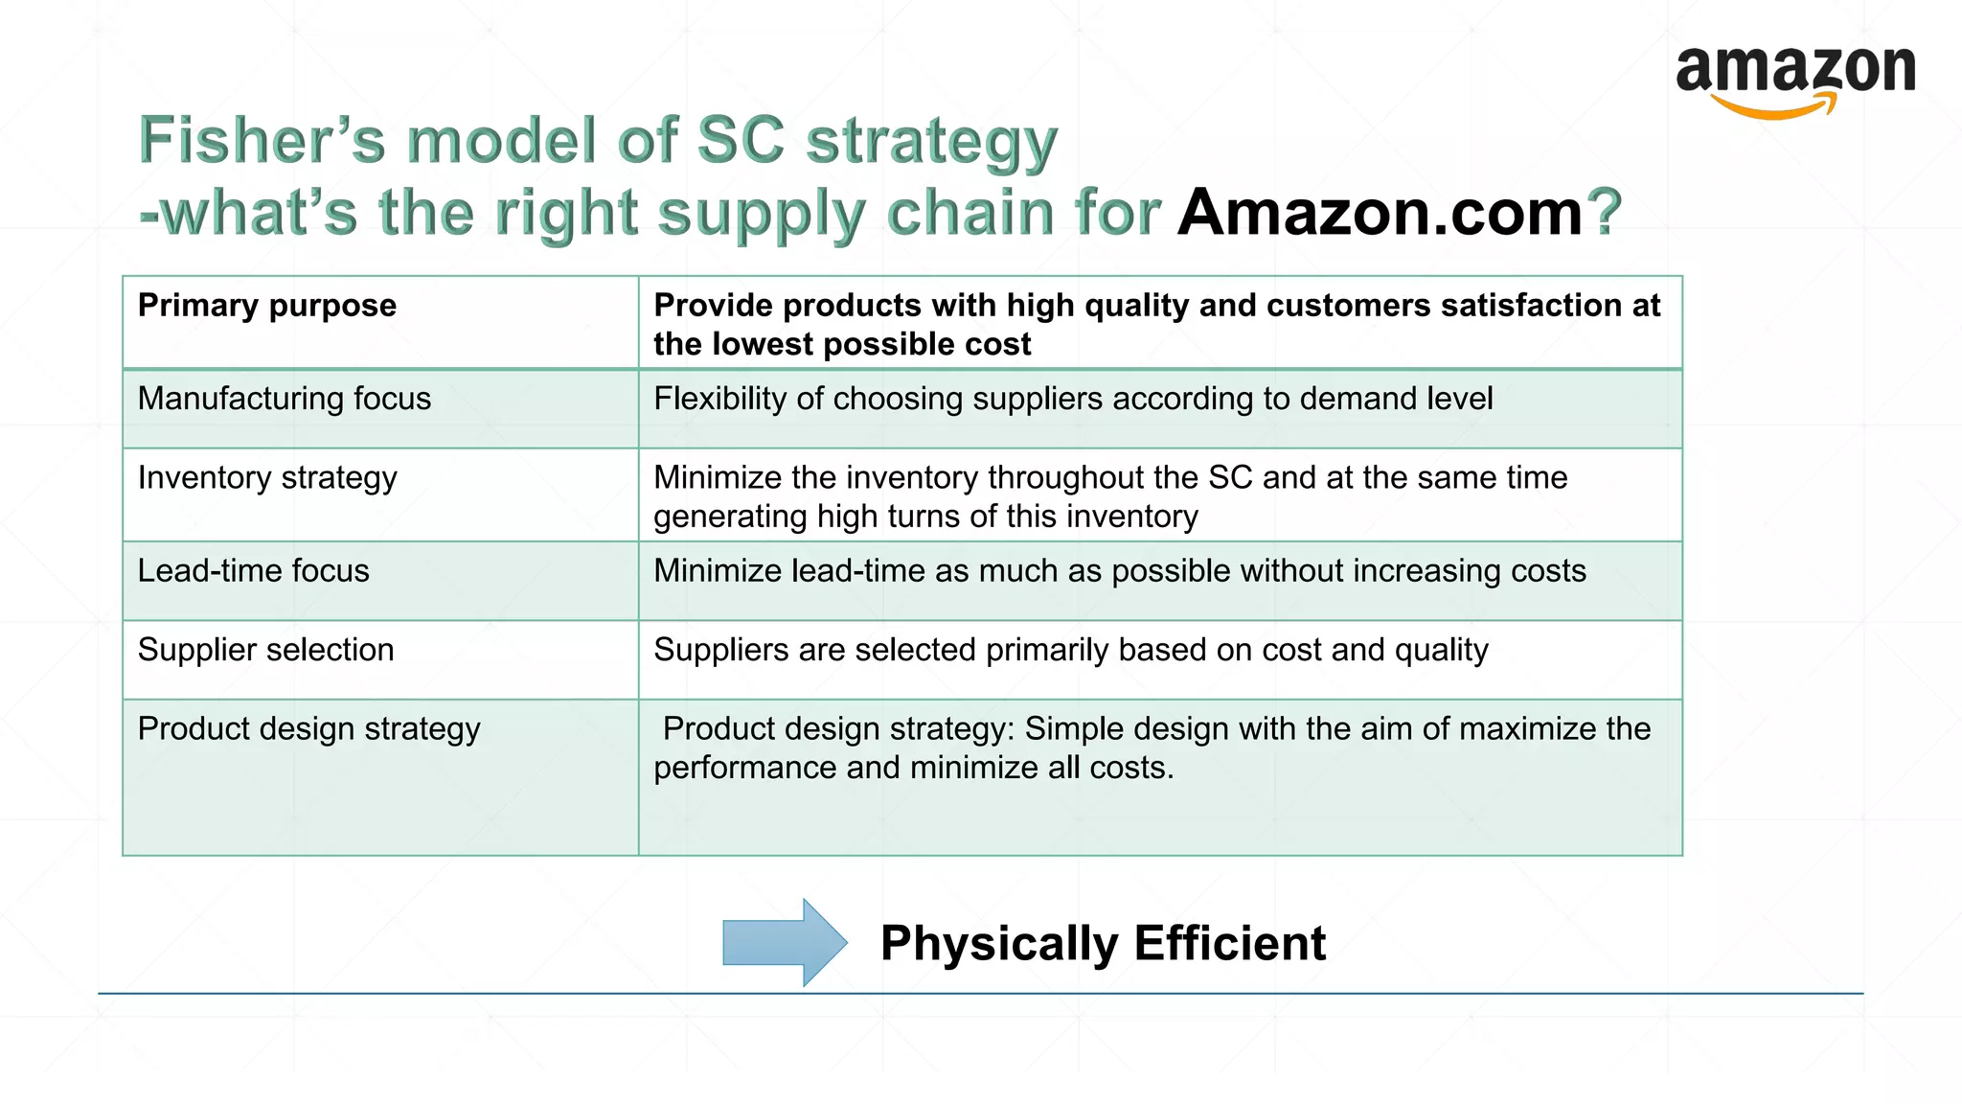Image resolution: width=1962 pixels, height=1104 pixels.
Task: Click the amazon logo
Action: pyautogui.click(x=1795, y=80)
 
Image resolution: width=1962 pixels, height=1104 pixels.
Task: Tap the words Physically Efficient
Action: pyautogui.click(x=1102, y=943)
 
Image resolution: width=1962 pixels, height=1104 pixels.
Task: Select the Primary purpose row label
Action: pyautogui.click(x=266, y=306)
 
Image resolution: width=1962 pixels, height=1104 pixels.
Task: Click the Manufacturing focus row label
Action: pyautogui.click(x=284, y=399)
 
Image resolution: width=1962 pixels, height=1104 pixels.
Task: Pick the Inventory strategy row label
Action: pyautogui.click(x=267, y=477)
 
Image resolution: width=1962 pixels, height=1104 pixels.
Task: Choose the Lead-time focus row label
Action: pyautogui.click(x=253, y=571)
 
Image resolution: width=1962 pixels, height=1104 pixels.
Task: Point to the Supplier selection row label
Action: pyautogui.click(x=265, y=650)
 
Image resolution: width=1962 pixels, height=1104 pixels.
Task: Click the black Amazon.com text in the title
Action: pyautogui.click(x=1380, y=212)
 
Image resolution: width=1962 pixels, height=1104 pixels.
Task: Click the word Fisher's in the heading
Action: pyautogui.click(x=262, y=140)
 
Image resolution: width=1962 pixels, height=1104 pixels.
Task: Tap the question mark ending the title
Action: pyautogui.click(x=1604, y=212)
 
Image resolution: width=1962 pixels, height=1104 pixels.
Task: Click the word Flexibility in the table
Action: pyautogui.click(x=719, y=399)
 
